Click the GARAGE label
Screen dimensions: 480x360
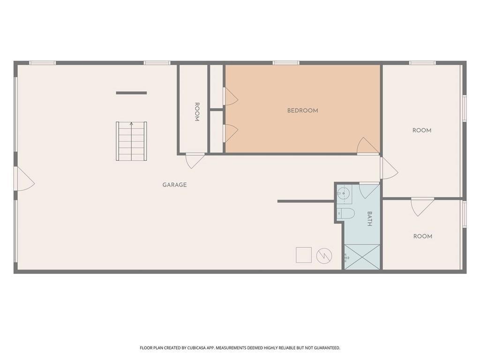click(174, 185)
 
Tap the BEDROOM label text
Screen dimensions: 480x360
click(302, 111)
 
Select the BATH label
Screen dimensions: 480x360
click(369, 218)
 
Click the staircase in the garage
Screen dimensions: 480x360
click(131, 141)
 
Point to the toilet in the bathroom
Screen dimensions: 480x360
click(345, 213)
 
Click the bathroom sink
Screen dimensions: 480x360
click(344, 194)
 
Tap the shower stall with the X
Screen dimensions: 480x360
click(362, 257)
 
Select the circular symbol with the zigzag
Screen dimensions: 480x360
click(324, 255)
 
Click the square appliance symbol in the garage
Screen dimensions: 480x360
click(304, 255)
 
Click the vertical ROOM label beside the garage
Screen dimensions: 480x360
click(197, 112)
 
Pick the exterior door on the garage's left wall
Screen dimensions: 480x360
click(24, 179)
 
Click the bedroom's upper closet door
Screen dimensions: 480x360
click(231, 96)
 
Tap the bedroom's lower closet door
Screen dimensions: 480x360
click(231, 134)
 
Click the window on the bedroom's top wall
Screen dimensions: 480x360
click(286, 63)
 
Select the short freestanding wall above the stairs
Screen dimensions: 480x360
click(131, 93)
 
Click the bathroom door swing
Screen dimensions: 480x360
click(369, 190)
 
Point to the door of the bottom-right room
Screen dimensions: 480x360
click(422, 207)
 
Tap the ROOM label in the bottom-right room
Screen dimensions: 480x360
click(423, 236)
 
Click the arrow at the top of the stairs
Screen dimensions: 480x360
click(131, 124)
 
